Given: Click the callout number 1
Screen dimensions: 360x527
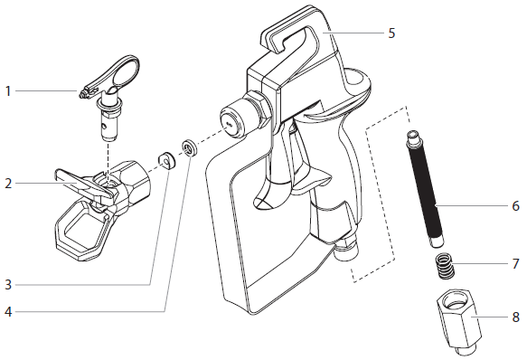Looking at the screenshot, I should pyautogui.click(x=7, y=90).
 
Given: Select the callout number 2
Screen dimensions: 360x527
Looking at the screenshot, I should pyautogui.click(x=7, y=184).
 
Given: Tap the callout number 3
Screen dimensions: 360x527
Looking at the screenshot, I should pyautogui.click(x=7, y=284).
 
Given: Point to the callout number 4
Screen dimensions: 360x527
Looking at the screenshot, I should pyautogui.click(x=7, y=314).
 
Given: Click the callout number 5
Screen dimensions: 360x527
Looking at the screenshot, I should pyautogui.click(x=391, y=33).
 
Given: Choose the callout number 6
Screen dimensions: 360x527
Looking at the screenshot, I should pyautogui.click(x=515, y=206).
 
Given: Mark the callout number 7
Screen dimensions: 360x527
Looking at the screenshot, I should pyautogui.click(x=515, y=264).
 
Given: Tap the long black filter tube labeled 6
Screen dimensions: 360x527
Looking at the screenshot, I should pyautogui.click(x=428, y=194).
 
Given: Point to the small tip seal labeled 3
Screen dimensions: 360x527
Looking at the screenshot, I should pyautogui.click(x=167, y=160).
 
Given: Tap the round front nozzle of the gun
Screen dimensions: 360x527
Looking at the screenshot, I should pyautogui.click(x=232, y=121).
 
